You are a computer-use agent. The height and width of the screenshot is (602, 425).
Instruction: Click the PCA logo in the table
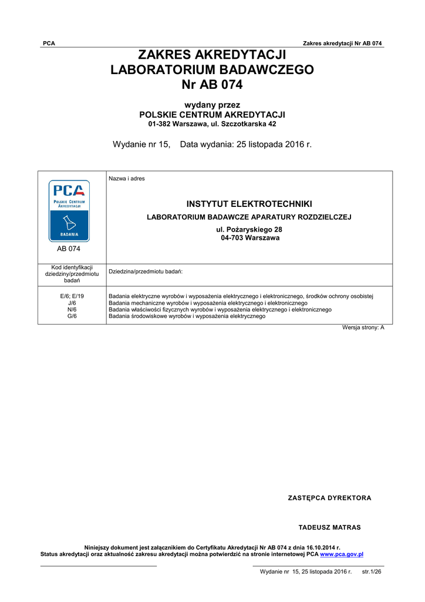(69, 210)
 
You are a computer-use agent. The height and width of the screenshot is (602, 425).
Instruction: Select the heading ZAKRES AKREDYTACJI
(212, 55)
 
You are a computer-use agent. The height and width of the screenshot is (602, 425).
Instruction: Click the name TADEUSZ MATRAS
(330, 527)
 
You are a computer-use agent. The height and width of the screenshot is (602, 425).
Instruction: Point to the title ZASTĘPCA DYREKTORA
(329, 498)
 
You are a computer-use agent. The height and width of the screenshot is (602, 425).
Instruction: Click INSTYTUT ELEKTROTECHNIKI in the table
(249, 204)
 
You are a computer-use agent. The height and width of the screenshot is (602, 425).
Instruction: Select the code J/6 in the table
(72, 303)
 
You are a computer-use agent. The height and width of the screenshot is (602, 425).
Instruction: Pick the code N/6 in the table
(72, 309)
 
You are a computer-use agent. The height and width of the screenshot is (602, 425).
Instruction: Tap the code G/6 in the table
(72, 316)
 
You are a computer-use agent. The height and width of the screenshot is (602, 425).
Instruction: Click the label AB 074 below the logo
(69, 249)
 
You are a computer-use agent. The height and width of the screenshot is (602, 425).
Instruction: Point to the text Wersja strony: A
(363, 327)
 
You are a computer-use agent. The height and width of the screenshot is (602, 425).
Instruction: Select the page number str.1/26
(372, 571)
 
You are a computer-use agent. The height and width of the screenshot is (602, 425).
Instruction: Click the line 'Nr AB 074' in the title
(212, 85)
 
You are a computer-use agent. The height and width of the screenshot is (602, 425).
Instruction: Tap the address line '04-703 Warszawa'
(250, 238)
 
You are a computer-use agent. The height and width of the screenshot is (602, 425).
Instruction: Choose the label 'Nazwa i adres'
(127, 179)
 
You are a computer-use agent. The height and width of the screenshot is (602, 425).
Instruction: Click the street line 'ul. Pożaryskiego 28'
(249, 229)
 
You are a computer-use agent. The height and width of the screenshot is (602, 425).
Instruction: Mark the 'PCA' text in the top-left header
(49, 44)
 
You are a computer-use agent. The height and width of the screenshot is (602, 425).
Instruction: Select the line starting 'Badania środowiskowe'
(187, 316)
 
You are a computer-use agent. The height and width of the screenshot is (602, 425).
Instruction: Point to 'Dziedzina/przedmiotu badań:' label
(146, 272)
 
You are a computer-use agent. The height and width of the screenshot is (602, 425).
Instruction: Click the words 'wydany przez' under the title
(212, 105)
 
